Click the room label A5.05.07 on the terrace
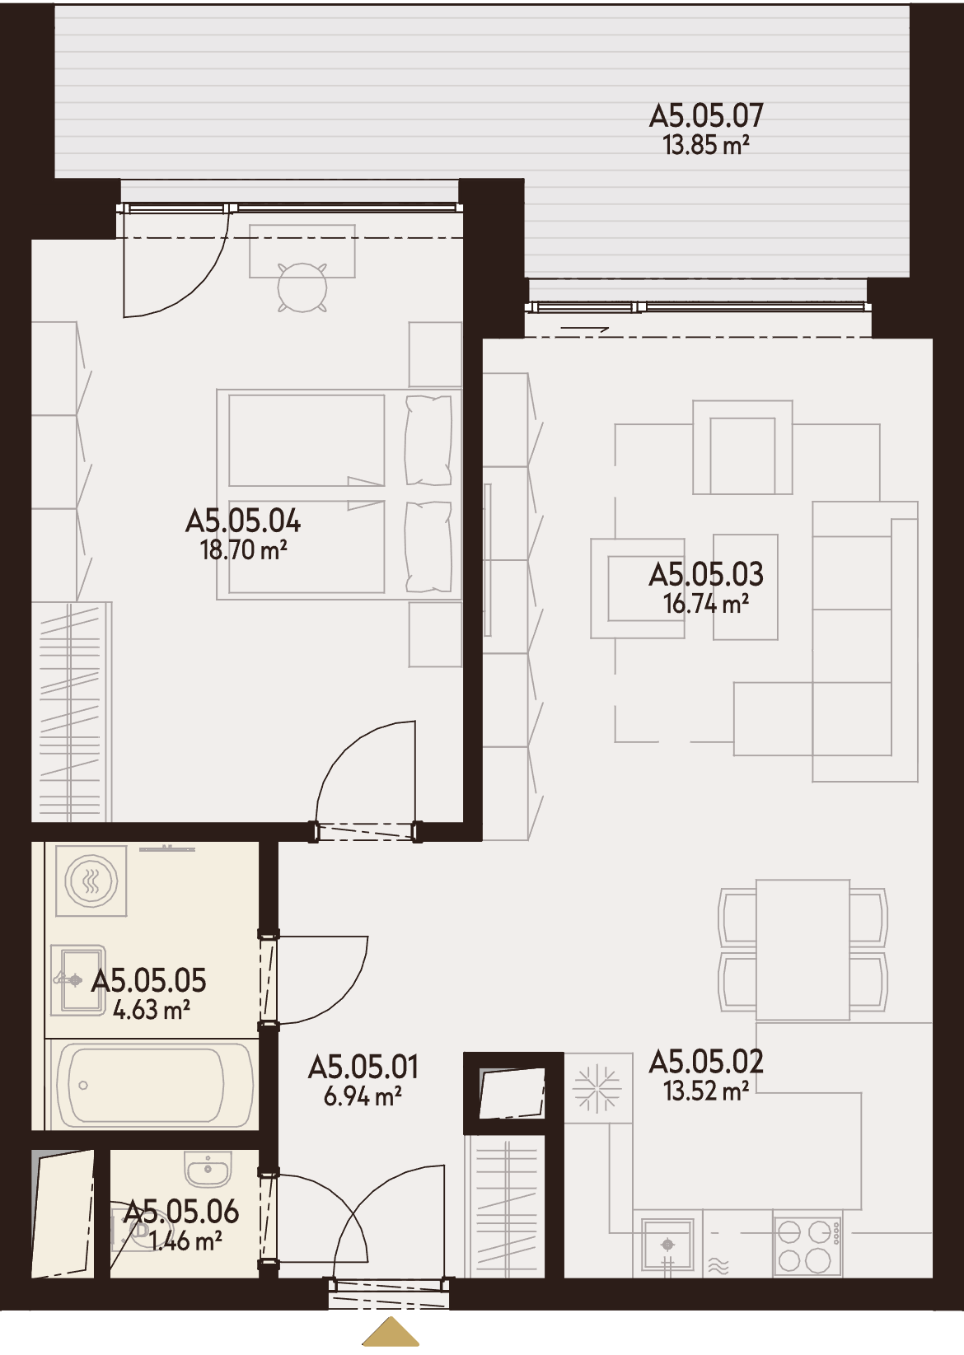point(706,115)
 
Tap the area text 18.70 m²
point(243,550)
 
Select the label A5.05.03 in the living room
point(706,574)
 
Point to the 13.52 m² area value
point(706,1091)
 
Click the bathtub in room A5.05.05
point(152,1085)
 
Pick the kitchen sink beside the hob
point(668,1247)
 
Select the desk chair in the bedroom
point(302,287)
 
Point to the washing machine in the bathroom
point(91,881)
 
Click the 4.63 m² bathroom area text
point(152,1010)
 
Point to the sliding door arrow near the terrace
point(584,329)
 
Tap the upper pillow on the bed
point(428,440)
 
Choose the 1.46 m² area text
point(185,1241)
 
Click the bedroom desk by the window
point(302,251)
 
